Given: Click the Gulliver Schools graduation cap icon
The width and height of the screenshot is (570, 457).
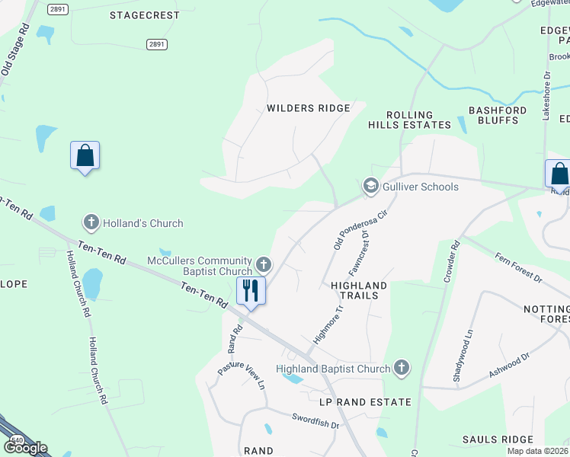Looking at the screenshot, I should click(370, 187).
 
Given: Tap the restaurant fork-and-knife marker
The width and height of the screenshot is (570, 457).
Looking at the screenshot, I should click(251, 290).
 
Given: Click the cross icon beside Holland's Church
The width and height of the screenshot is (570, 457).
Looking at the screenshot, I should click(91, 223).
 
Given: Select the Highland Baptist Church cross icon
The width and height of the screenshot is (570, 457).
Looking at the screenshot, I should click(402, 369).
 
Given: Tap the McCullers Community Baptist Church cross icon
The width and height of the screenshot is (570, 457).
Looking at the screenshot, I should click(264, 264).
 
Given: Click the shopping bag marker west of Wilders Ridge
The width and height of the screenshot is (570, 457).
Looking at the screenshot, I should click(85, 155).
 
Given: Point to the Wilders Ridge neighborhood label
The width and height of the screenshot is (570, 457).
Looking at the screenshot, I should click(308, 108).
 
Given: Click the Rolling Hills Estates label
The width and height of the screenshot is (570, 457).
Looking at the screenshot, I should click(410, 120).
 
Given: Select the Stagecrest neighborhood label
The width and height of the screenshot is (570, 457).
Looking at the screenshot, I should click(145, 15).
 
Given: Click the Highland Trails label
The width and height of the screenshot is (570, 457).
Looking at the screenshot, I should click(359, 290).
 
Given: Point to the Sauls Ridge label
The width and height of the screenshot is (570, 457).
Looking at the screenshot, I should click(498, 439).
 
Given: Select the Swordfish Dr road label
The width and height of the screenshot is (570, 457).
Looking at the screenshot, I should click(315, 420).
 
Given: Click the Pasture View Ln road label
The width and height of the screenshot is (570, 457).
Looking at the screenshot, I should click(242, 374).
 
